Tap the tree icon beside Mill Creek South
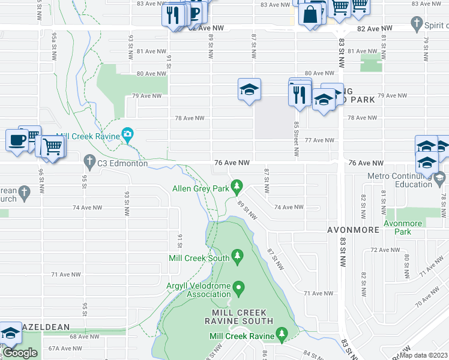pyautogui.click(x=238, y=257)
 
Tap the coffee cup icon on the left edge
pyautogui.click(x=16, y=140)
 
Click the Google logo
pyautogui.click(x=19, y=353)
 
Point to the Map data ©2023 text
pyautogui.click(x=424, y=355)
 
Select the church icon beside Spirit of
pyautogui.click(x=417, y=25)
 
